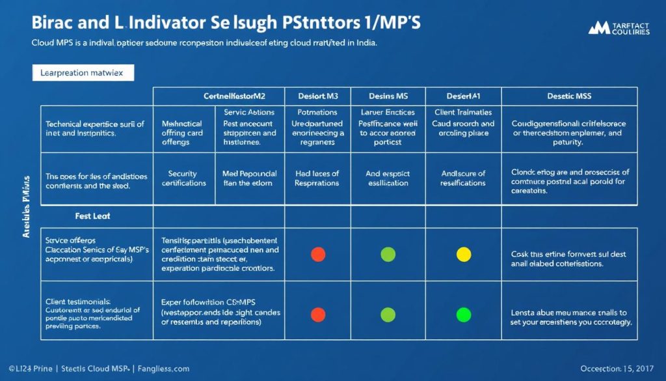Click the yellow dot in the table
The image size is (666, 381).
pos(464,254)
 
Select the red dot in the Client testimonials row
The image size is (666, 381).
pos(318,315)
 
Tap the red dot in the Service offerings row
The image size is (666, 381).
pos(318,254)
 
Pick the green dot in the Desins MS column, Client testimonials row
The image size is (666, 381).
pos(388,315)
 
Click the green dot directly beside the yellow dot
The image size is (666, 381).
pos(388,254)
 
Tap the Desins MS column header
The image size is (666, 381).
pos(388,96)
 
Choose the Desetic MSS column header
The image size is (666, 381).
pos(570,96)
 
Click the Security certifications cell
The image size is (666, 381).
pos(187,178)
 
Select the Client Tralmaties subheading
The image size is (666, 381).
pos(464,112)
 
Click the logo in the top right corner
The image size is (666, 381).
pos(618,29)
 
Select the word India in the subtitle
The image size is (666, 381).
pos(363,43)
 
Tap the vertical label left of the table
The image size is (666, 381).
pos(27,206)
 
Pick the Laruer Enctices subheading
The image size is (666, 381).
pos(388,112)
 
